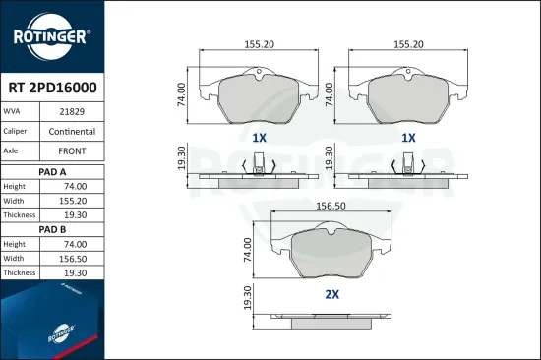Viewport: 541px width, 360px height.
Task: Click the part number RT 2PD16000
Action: point(52,88)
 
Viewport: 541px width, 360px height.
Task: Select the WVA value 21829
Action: point(72,111)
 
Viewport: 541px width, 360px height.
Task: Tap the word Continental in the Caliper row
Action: point(72,132)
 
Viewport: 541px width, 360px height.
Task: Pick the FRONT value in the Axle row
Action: point(72,151)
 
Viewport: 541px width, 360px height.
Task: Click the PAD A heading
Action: point(52,172)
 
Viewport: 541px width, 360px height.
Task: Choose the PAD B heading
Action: point(52,229)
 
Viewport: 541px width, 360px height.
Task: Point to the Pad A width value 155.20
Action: point(73,201)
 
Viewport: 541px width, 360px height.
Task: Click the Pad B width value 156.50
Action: point(73,259)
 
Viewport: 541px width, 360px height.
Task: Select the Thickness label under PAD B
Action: point(20,272)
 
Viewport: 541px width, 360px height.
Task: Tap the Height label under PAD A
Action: point(14,186)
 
